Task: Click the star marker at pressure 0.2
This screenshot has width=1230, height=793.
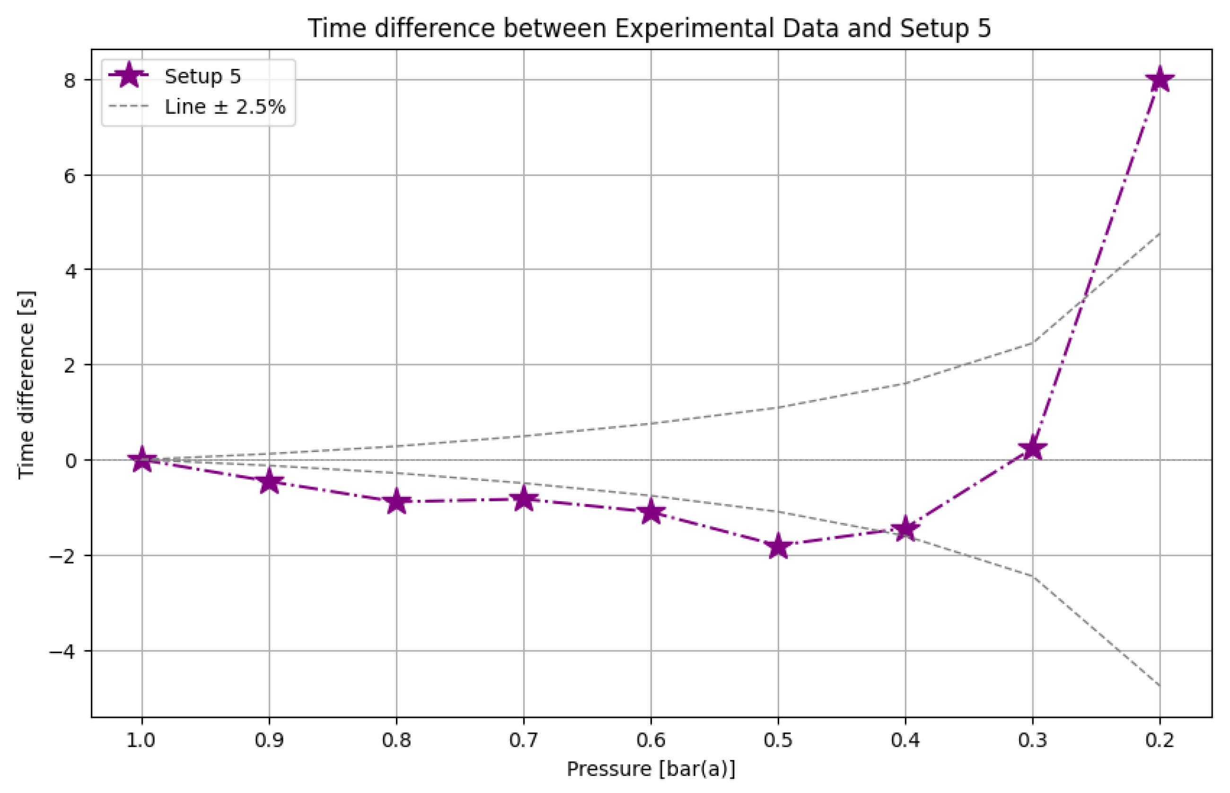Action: click(1160, 80)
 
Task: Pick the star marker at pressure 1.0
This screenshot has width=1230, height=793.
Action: click(142, 459)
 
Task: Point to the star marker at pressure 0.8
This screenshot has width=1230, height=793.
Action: click(396, 502)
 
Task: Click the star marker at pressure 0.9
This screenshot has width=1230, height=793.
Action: click(269, 482)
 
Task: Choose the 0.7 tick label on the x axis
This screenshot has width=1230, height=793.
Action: click(524, 741)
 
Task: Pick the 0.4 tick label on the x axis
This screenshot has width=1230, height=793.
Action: click(905, 741)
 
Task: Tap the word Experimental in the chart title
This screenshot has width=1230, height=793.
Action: click(694, 28)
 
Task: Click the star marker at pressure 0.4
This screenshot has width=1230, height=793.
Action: click(905, 529)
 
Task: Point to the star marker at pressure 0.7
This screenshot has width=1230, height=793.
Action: click(524, 498)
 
